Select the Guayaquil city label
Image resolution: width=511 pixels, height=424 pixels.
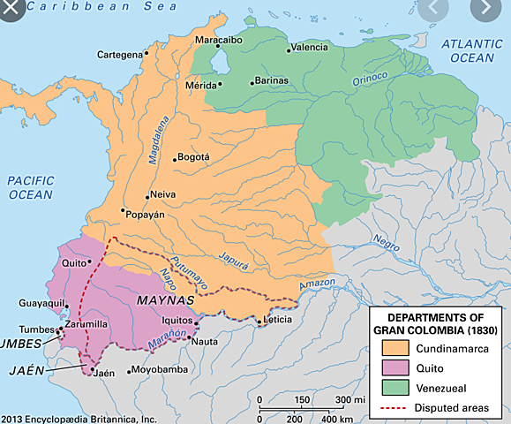pos(42,303)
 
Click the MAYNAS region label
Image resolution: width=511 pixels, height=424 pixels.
pos(162,300)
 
